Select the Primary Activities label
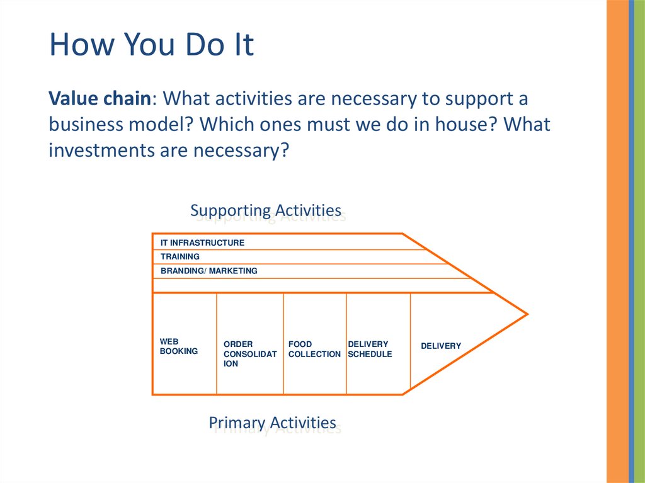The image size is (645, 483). tap(272, 423)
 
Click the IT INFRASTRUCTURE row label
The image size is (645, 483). tap(202, 242)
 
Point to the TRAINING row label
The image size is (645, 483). tap(180, 257)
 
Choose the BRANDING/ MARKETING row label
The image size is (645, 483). tap(209, 271)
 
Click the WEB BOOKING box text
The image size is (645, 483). tap(179, 346)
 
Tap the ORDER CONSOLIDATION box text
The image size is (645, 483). tap(250, 354)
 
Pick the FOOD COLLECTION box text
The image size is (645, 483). tap(314, 349)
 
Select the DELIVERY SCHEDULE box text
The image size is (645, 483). tap(370, 349)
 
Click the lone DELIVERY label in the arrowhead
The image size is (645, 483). tap(441, 346)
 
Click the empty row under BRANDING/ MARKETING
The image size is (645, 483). tap(315, 285)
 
